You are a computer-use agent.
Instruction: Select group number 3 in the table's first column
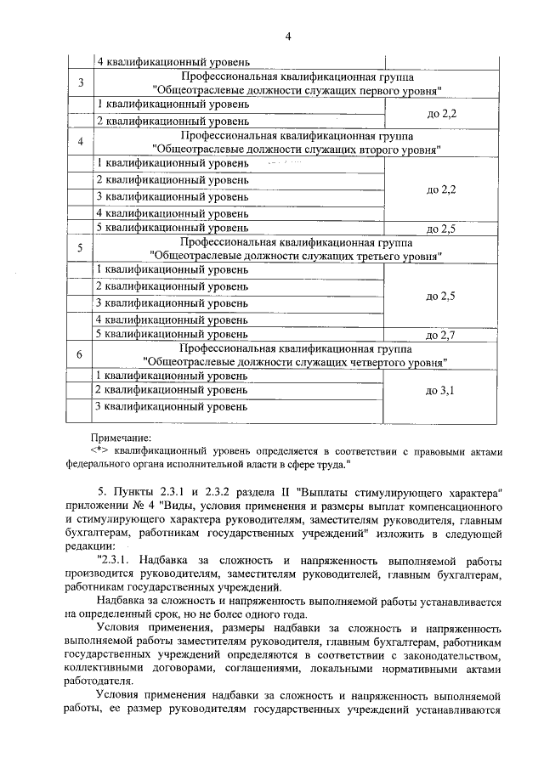pos(80,82)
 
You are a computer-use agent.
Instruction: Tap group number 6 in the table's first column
pos(80,355)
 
